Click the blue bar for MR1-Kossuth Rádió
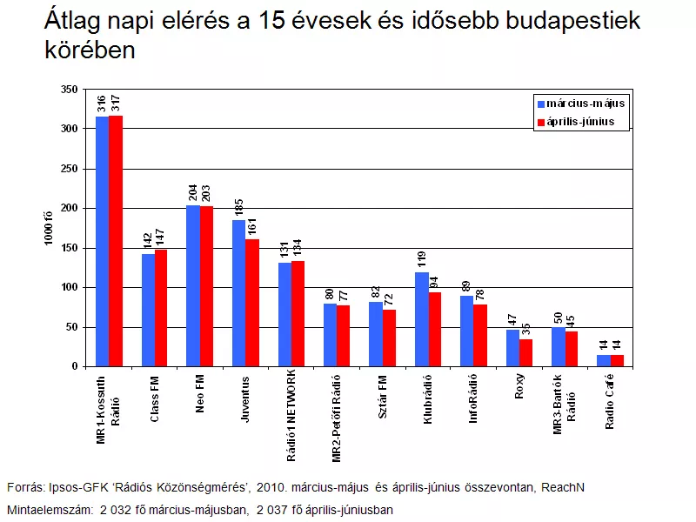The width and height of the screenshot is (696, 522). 103,242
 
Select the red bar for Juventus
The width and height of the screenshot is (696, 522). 252,303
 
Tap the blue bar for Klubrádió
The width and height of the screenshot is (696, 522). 422,319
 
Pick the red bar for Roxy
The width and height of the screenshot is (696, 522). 526,353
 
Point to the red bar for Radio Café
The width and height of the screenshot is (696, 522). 617,361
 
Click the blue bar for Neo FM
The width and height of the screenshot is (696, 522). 193,286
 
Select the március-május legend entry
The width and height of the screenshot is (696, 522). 581,104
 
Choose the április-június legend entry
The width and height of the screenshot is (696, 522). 576,122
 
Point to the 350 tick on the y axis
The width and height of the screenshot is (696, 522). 70,90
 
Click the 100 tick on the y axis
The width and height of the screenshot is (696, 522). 70,288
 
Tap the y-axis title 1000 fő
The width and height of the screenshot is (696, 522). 48,228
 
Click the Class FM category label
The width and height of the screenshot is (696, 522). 155,399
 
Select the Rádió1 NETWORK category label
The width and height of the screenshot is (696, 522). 291,416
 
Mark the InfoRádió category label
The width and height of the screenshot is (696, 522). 473,398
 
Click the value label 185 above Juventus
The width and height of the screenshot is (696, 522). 238,208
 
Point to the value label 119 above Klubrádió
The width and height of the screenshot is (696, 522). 422,259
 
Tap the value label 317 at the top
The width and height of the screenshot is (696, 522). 116,103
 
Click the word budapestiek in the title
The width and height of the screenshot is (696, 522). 573,21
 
